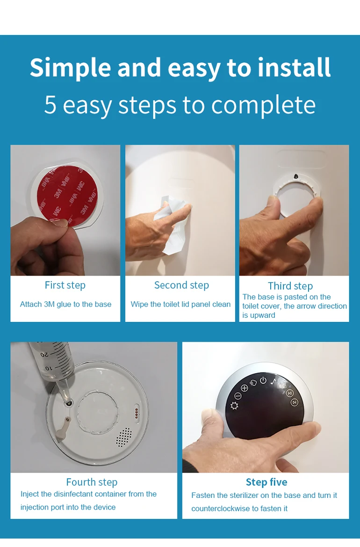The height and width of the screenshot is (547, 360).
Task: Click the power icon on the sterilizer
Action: [263, 380]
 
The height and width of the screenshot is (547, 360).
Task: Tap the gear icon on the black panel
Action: [235, 405]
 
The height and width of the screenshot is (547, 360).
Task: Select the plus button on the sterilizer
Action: [245, 388]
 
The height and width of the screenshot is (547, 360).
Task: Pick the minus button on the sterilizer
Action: [238, 396]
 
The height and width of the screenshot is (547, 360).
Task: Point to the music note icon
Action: [274, 381]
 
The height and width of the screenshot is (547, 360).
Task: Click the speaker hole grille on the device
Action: [124, 437]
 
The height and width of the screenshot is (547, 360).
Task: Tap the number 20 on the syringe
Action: [45, 355]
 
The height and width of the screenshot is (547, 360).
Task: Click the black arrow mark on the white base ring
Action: [296, 176]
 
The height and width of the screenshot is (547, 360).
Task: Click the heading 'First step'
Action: [65, 285]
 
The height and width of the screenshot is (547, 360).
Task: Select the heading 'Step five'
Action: [266, 482]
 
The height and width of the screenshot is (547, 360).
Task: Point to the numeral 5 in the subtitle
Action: [50, 105]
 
